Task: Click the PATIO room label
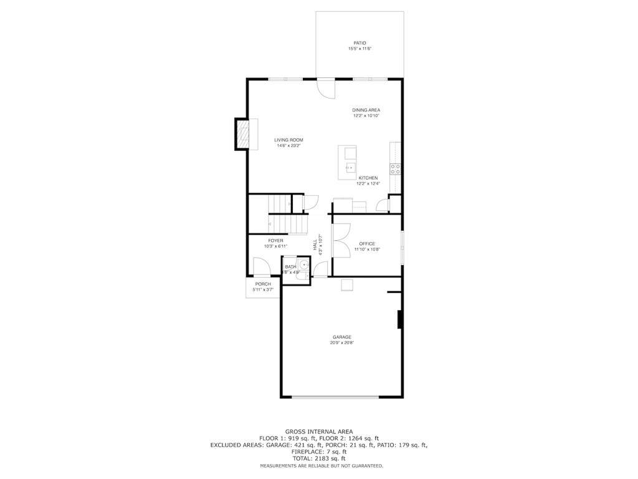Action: [359, 43]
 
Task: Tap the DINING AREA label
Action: [366, 110]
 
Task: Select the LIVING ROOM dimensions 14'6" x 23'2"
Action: [288, 145]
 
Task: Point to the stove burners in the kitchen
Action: [395, 169]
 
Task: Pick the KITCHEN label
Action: [368, 178]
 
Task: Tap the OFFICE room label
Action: [367, 244]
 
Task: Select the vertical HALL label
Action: [315, 244]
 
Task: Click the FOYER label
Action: [275, 241]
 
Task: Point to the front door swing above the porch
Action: [262, 267]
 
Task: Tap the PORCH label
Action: [263, 284]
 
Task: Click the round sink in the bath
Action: [304, 264]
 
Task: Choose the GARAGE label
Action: [342, 337]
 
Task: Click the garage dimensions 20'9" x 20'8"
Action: [342, 342]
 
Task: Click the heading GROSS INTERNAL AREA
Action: [319, 432]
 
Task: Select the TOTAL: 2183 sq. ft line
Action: [319, 458]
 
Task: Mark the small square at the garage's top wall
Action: [347, 286]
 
